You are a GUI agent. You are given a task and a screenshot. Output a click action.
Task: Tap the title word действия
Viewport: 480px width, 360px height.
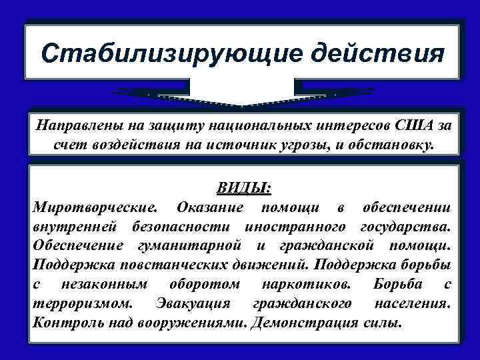tap(352, 52)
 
